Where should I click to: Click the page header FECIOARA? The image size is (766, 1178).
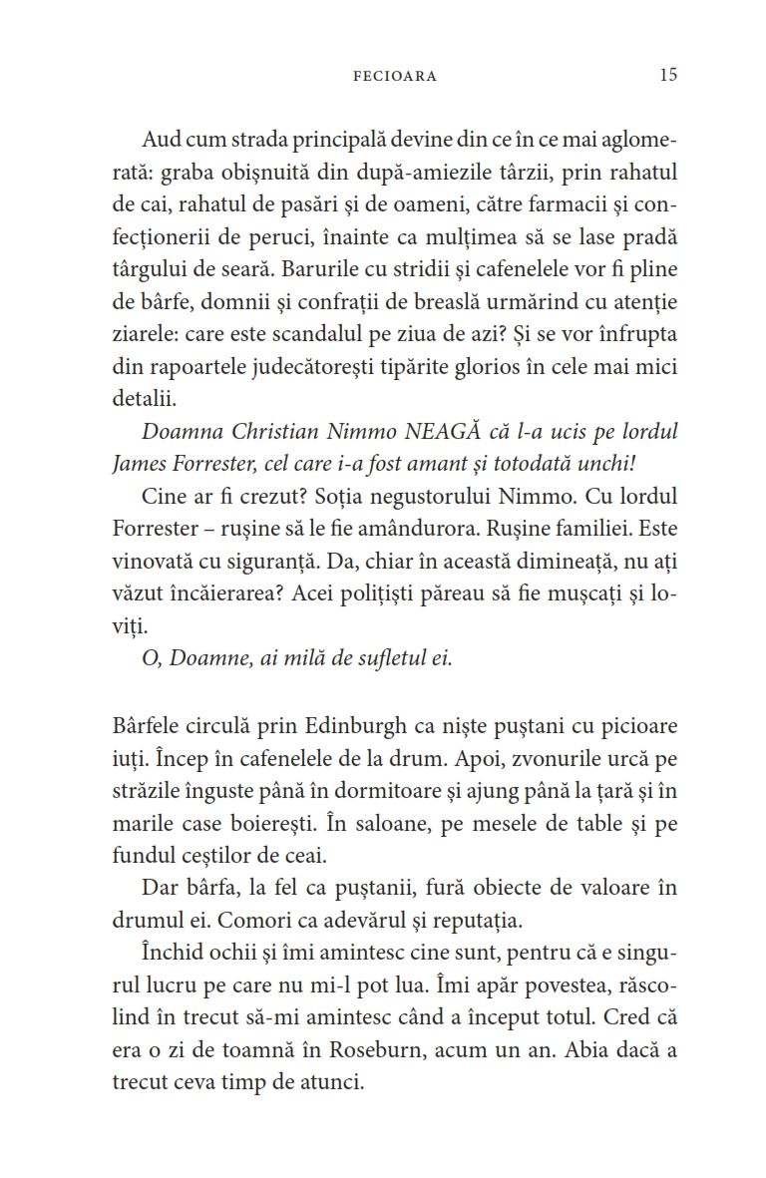pyautogui.click(x=395, y=76)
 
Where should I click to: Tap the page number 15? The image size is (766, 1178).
pyautogui.click(x=667, y=75)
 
